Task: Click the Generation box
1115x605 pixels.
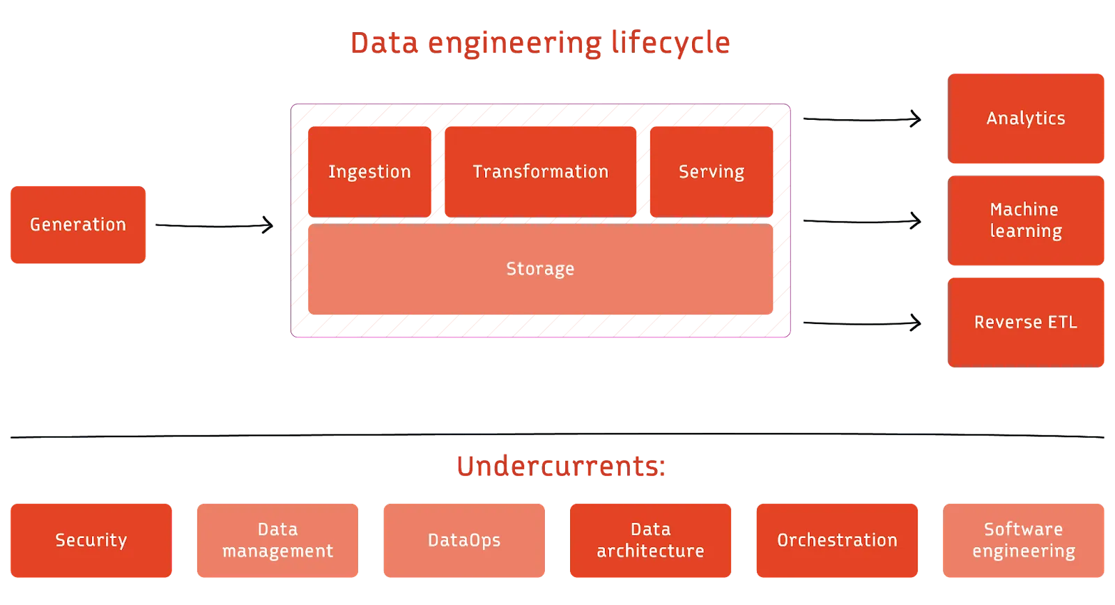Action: click(x=77, y=225)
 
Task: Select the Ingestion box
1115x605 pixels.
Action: click(x=369, y=171)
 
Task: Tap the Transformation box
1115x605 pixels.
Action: click(x=540, y=171)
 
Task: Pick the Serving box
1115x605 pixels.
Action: click(x=712, y=171)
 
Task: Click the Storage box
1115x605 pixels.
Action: click(x=540, y=269)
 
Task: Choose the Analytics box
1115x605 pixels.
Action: click(x=1026, y=118)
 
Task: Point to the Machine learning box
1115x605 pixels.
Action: click(x=1026, y=220)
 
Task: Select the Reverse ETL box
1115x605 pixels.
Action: click(x=1026, y=322)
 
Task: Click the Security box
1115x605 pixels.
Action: click(x=91, y=540)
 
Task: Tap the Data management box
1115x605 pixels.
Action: click(x=277, y=540)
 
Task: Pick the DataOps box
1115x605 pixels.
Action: click(x=464, y=540)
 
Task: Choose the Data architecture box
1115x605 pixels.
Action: click(x=650, y=540)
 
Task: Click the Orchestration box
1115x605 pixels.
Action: click(x=837, y=540)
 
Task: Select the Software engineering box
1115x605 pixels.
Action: click(x=1024, y=540)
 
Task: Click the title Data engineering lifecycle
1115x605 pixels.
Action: click(x=540, y=43)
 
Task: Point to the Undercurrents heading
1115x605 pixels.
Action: click(x=562, y=466)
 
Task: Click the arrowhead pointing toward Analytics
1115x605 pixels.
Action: click(x=918, y=119)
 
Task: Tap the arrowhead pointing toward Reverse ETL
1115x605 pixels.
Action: click(x=918, y=323)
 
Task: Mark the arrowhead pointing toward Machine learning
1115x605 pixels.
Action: click(x=918, y=221)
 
